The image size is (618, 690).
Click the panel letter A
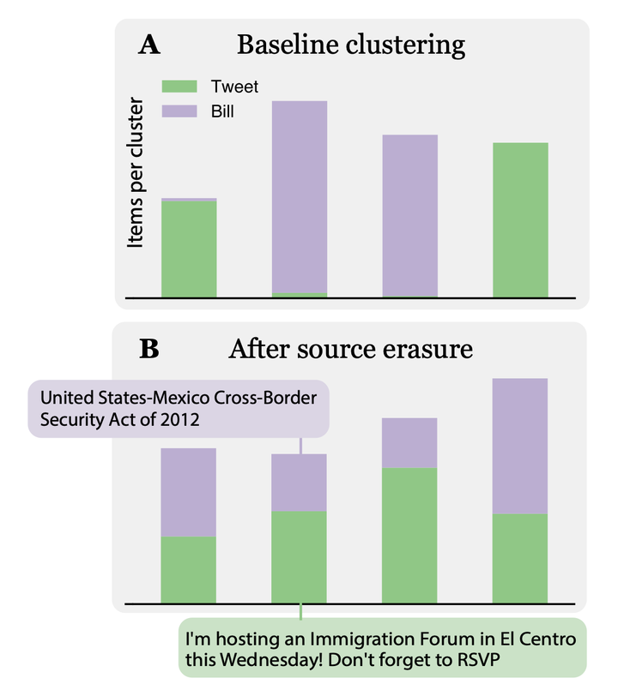148,45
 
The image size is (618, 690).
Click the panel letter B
148,349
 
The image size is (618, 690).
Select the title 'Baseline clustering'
351,45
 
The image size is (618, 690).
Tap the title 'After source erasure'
351,349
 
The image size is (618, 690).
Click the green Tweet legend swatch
181,86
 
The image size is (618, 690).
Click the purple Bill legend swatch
181,111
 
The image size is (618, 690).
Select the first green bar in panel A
189,249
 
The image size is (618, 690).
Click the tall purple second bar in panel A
300,196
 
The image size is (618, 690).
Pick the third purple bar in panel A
409,215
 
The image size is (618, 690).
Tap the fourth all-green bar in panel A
520,219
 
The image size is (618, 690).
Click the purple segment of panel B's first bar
189,492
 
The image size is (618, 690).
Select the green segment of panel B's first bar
189,569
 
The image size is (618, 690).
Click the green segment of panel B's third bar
409,535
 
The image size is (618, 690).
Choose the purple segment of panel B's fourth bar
520,446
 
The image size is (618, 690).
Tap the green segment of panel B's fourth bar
520,558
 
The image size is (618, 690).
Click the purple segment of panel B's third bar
409,442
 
